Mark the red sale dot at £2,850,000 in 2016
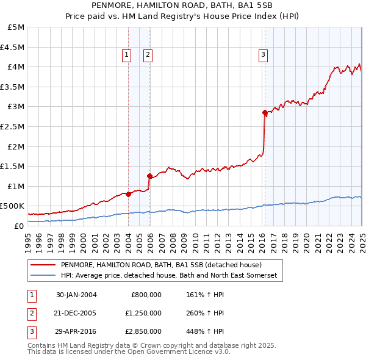click(265, 112)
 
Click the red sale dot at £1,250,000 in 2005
click(149, 176)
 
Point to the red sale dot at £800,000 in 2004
click(128, 194)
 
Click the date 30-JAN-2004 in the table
click(76, 295)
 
